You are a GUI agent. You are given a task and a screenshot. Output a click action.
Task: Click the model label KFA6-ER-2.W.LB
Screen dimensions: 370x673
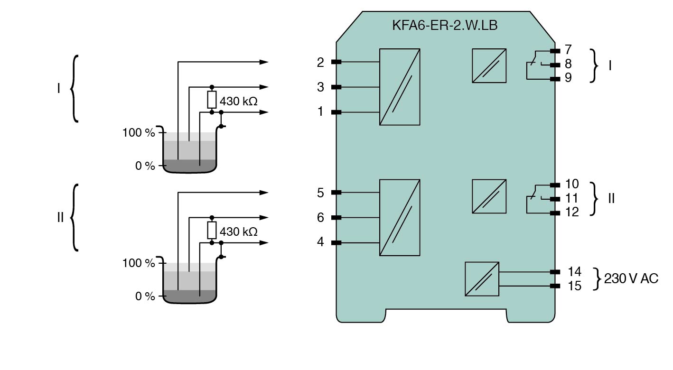point(445,25)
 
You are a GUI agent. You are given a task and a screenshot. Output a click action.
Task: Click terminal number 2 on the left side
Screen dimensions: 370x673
point(321,62)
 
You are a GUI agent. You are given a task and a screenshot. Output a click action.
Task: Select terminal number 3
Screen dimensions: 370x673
point(321,87)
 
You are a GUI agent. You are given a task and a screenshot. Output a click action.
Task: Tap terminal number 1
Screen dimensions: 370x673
point(321,112)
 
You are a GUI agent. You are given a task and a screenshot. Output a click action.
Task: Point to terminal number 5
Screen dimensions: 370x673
point(321,193)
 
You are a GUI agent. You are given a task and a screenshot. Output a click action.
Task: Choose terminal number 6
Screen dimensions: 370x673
point(321,218)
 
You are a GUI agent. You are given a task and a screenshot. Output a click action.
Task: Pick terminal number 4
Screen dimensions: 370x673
point(321,242)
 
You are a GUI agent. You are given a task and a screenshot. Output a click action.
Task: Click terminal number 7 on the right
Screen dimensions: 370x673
point(568,50)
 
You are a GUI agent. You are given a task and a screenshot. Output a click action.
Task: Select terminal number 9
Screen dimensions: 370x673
point(568,78)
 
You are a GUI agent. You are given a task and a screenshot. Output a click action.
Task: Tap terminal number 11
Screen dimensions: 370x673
point(572,198)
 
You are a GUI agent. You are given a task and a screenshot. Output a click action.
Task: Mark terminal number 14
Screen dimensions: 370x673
point(574,272)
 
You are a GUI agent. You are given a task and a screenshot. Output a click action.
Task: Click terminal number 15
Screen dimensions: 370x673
point(574,286)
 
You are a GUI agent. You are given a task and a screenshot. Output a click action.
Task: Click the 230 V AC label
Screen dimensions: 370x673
point(631,278)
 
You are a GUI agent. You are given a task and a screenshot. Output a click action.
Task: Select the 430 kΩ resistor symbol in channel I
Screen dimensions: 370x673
point(212,100)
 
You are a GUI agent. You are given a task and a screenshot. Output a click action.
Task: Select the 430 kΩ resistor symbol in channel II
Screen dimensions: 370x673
point(212,230)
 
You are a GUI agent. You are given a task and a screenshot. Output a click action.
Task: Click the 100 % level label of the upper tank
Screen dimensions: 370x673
point(139,133)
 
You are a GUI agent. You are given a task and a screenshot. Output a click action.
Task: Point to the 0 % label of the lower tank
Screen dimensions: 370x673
point(145,296)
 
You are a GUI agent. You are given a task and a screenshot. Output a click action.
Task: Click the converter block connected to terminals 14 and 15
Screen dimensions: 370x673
point(482,279)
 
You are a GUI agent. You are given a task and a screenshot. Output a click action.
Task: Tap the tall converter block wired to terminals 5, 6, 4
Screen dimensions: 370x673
point(400,218)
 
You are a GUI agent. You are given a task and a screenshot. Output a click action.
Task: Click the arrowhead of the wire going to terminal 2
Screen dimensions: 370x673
point(264,62)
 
